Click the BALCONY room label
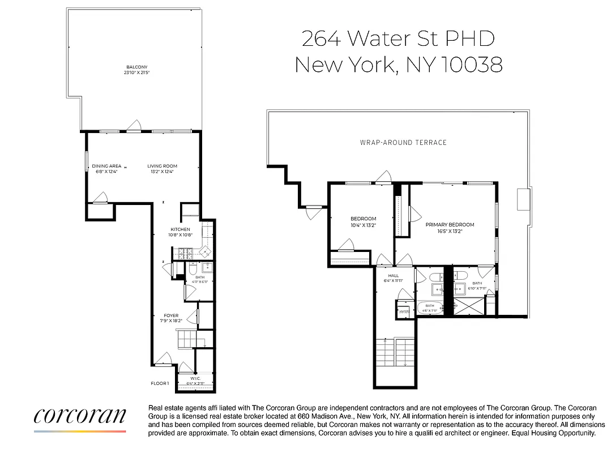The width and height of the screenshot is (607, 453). [x=136, y=67]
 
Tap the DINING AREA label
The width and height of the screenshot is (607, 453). [x=106, y=166]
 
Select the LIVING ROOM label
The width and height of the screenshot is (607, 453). [x=163, y=166]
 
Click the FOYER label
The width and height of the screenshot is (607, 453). [x=171, y=315]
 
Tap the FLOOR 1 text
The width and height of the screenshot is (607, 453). [x=159, y=383]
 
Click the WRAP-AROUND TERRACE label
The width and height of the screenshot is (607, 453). [x=403, y=142]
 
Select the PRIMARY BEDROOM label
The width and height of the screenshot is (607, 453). [x=450, y=225]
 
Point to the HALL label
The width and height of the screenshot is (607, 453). [x=393, y=276]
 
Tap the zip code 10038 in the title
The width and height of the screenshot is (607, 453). [x=471, y=65]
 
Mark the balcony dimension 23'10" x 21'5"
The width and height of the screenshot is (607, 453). [x=136, y=72]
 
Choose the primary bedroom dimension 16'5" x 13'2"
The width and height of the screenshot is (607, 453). [x=450, y=231]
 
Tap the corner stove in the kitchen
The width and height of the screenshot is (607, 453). [x=207, y=253]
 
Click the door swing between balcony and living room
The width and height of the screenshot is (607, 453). [x=134, y=126]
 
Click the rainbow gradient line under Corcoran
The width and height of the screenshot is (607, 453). [x=80, y=431]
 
